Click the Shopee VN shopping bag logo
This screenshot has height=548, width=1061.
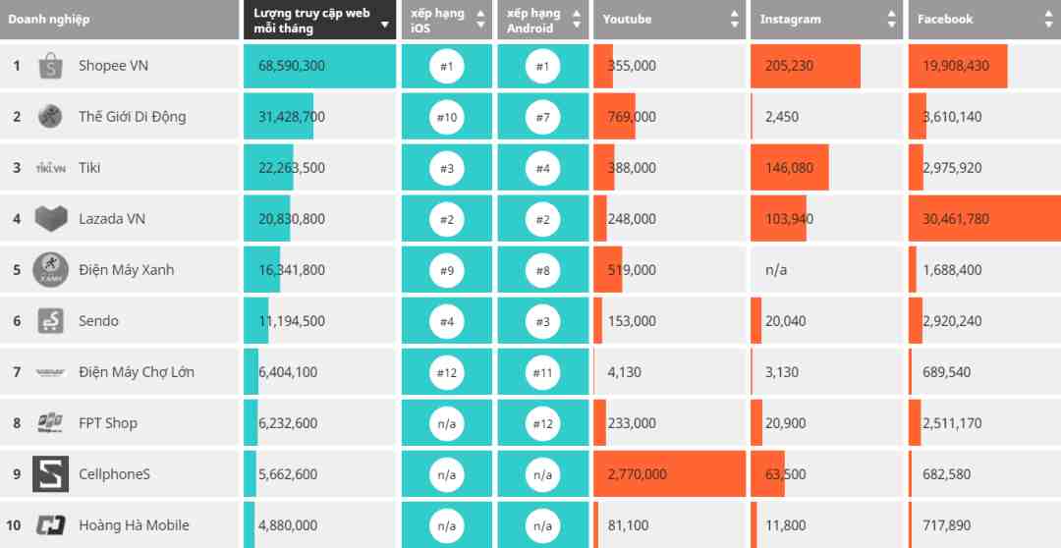click(50, 67)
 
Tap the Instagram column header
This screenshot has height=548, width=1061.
click(790, 19)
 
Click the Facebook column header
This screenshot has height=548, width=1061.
click(945, 19)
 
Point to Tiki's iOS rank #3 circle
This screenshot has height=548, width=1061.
click(446, 168)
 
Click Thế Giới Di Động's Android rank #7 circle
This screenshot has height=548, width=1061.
click(542, 117)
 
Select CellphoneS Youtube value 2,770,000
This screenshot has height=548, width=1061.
click(637, 474)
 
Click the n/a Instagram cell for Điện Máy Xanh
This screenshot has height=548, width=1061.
click(775, 270)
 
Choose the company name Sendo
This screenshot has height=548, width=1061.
click(98, 321)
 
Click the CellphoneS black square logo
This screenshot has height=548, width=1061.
click(50, 474)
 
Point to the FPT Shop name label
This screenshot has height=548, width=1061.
click(108, 423)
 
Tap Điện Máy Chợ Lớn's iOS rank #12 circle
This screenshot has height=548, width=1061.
click(446, 372)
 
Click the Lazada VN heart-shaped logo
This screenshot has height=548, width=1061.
click(50, 219)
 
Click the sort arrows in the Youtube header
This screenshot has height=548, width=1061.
click(734, 20)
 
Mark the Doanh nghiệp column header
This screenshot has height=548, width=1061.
click(49, 19)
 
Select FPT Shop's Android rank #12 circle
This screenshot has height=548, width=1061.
click(542, 423)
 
